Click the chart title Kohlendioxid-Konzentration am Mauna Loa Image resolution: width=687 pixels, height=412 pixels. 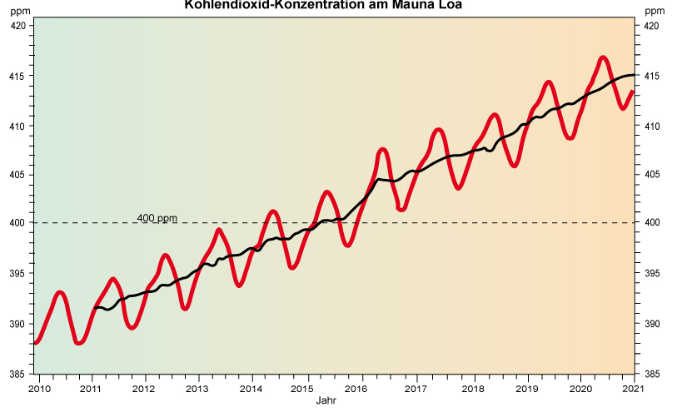[x=322, y=5]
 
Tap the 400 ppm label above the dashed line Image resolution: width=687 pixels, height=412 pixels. [x=157, y=218]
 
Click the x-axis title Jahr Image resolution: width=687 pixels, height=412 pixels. [x=326, y=400]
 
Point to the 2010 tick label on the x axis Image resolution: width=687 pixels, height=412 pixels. [x=40, y=389]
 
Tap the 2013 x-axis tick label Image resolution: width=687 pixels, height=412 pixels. [x=198, y=389]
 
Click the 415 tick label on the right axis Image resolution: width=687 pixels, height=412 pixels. [x=651, y=76]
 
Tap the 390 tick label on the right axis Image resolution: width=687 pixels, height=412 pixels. [x=651, y=324]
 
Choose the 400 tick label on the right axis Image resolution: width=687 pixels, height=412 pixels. [x=651, y=222]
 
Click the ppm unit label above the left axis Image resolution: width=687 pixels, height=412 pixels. [x=19, y=11]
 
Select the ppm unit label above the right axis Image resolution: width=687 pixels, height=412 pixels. [x=655, y=11]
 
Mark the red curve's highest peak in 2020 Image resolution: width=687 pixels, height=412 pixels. [x=604, y=57]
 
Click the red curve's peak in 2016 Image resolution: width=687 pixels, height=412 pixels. [x=383, y=149]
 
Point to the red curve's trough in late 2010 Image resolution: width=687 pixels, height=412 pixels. [x=78, y=342]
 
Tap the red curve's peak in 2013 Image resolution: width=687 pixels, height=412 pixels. [x=218, y=230]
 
